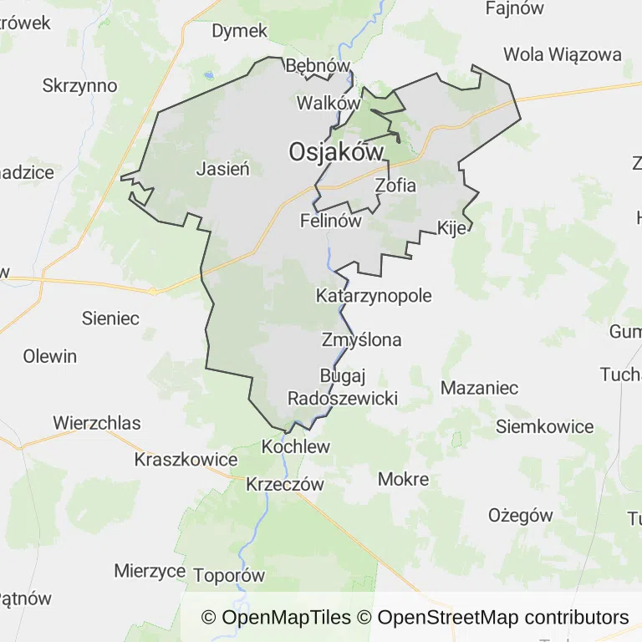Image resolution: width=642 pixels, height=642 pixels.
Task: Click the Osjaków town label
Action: [336, 151]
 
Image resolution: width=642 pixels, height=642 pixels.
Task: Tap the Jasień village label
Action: [223, 168]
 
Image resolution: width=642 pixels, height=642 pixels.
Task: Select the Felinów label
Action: [330, 222]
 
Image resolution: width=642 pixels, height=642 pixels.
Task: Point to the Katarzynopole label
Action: [374, 295]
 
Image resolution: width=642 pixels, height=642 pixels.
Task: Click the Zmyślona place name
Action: [361, 339]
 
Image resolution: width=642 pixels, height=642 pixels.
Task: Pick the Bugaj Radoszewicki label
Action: [342, 387]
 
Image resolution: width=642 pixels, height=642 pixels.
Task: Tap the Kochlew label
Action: [296, 446]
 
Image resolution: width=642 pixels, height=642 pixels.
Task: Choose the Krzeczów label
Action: [284, 484]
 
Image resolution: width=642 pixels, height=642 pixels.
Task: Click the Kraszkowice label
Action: [186, 460]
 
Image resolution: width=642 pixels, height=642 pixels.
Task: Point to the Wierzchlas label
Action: [97, 422]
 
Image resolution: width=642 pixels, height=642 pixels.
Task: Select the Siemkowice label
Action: [544, 426]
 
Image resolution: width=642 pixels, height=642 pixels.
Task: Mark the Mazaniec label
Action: [479, 388]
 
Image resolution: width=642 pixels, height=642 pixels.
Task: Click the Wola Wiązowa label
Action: [563, 54]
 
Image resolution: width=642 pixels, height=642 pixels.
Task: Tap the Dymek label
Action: [239, 31]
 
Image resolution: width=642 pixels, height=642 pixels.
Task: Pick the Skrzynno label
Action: [79, 85]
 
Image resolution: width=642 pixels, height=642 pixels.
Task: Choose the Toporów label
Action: [228, 575]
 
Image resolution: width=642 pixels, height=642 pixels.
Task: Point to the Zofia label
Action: [395, 186]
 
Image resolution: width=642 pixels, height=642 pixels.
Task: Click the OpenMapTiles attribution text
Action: [276, 618]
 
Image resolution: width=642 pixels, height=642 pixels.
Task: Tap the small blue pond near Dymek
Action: [208, 74]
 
